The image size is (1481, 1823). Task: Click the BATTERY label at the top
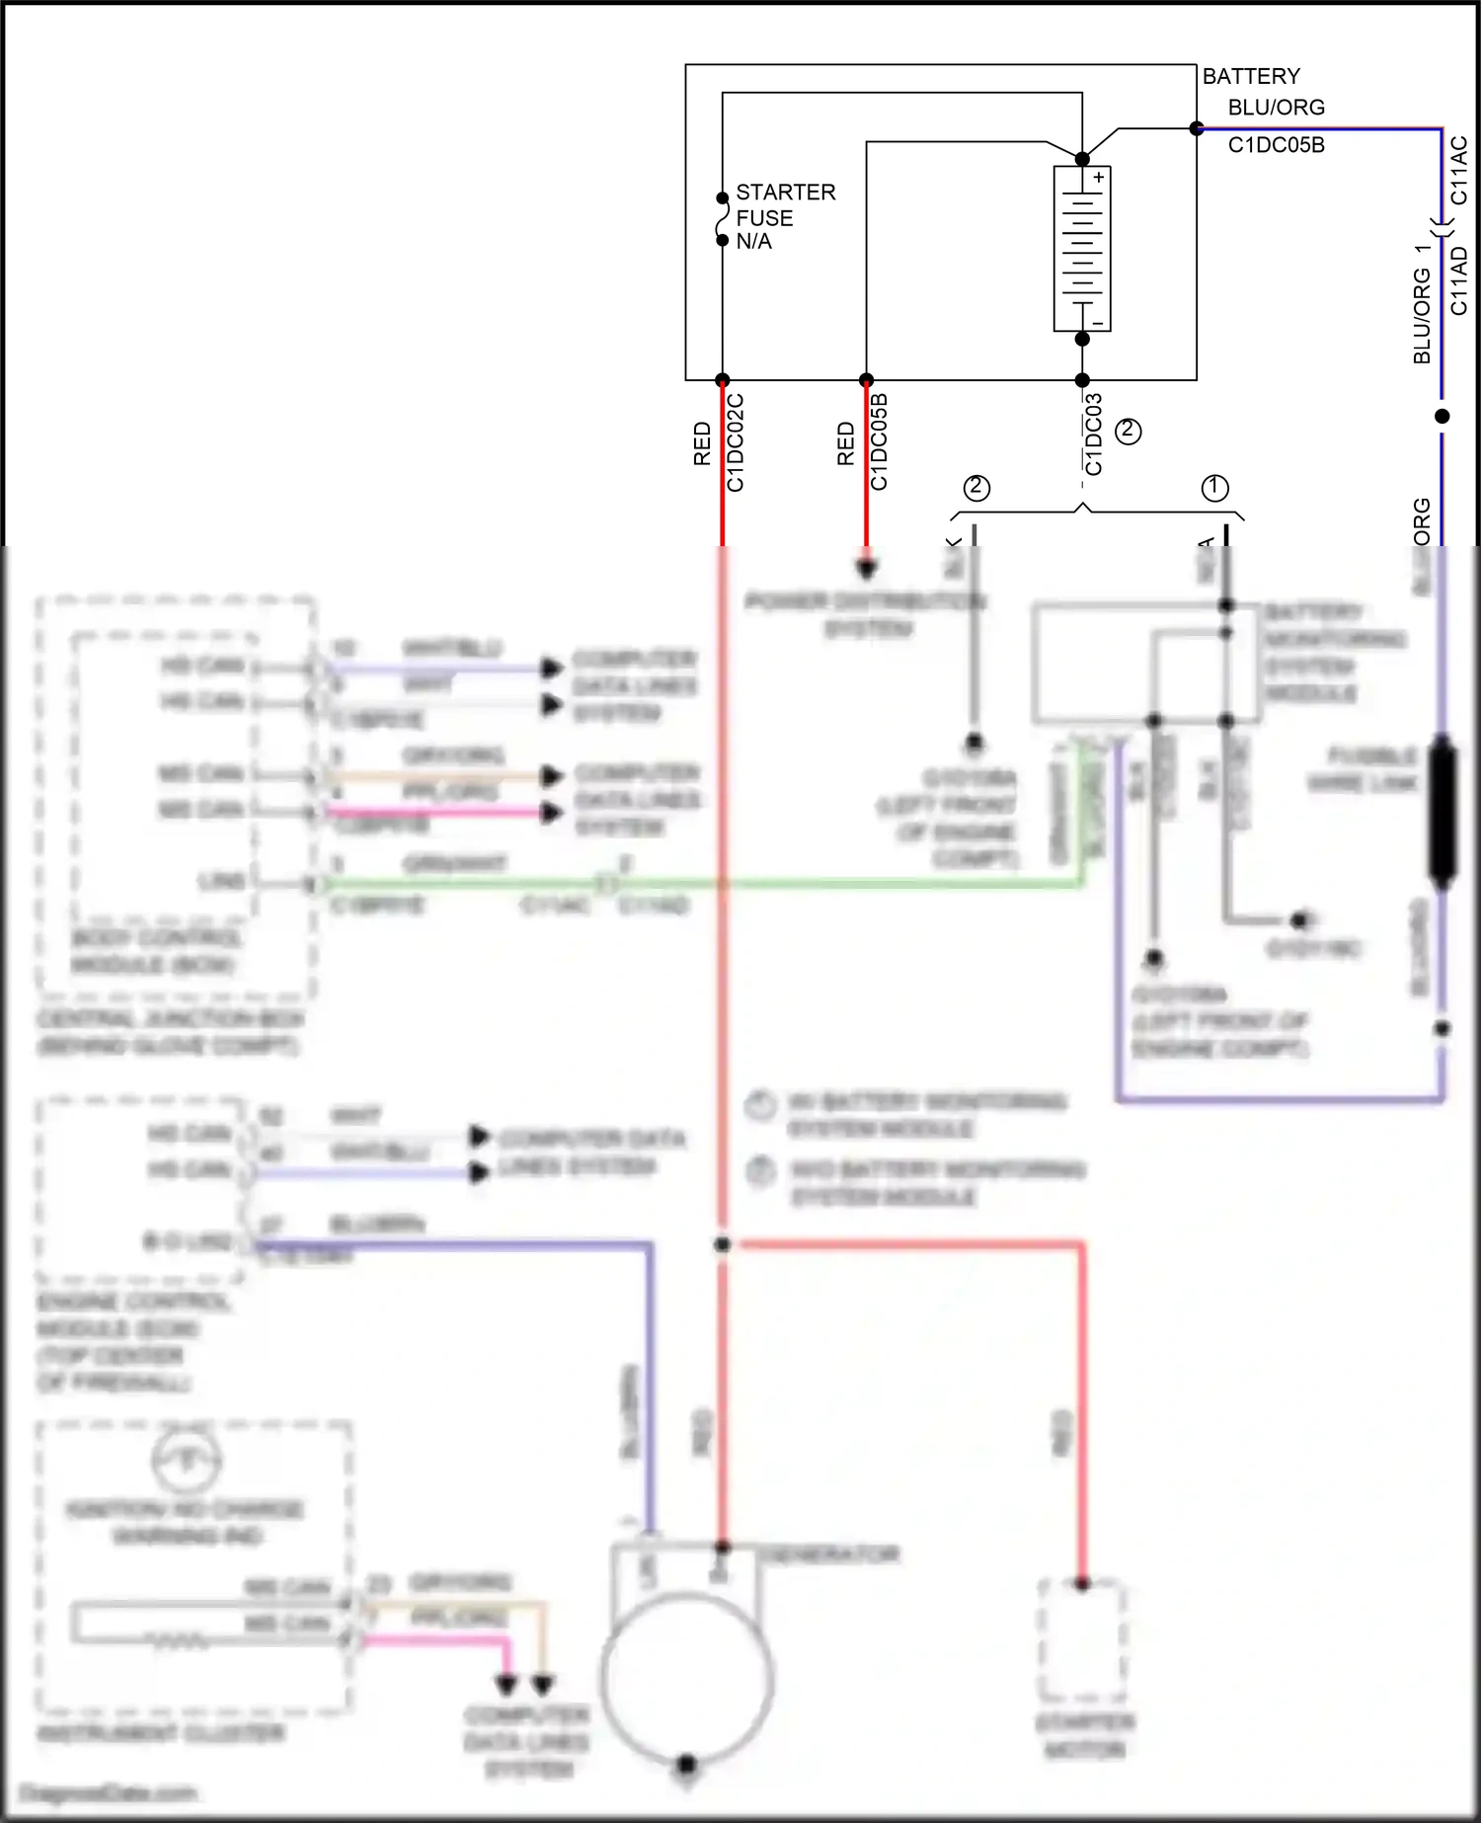(1251, 76)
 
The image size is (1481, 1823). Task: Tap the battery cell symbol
(1082, 249)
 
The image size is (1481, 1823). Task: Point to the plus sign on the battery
(1098, 178)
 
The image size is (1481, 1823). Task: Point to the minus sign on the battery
(1098, 323)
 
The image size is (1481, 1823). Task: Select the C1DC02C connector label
(736, 442)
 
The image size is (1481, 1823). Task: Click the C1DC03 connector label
(1093, 435)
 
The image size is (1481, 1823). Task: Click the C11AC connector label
(1459, 171)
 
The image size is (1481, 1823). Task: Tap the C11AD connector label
(1459, 280)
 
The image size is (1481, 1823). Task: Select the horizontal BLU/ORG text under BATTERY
(1276, 108)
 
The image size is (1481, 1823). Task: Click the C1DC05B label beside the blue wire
(1276, 145)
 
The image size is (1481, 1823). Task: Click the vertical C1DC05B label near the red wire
(879, 441)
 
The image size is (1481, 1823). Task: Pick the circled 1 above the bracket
(1214, 488)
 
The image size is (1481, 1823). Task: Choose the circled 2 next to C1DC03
(1128, 431)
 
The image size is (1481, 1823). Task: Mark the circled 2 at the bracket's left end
(976, 487)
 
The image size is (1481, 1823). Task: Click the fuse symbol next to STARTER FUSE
(723, 219)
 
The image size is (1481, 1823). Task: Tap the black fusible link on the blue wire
(1442, 810)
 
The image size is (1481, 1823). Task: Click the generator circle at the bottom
(686, 1679)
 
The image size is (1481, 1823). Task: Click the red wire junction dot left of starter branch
(723, 1244)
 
